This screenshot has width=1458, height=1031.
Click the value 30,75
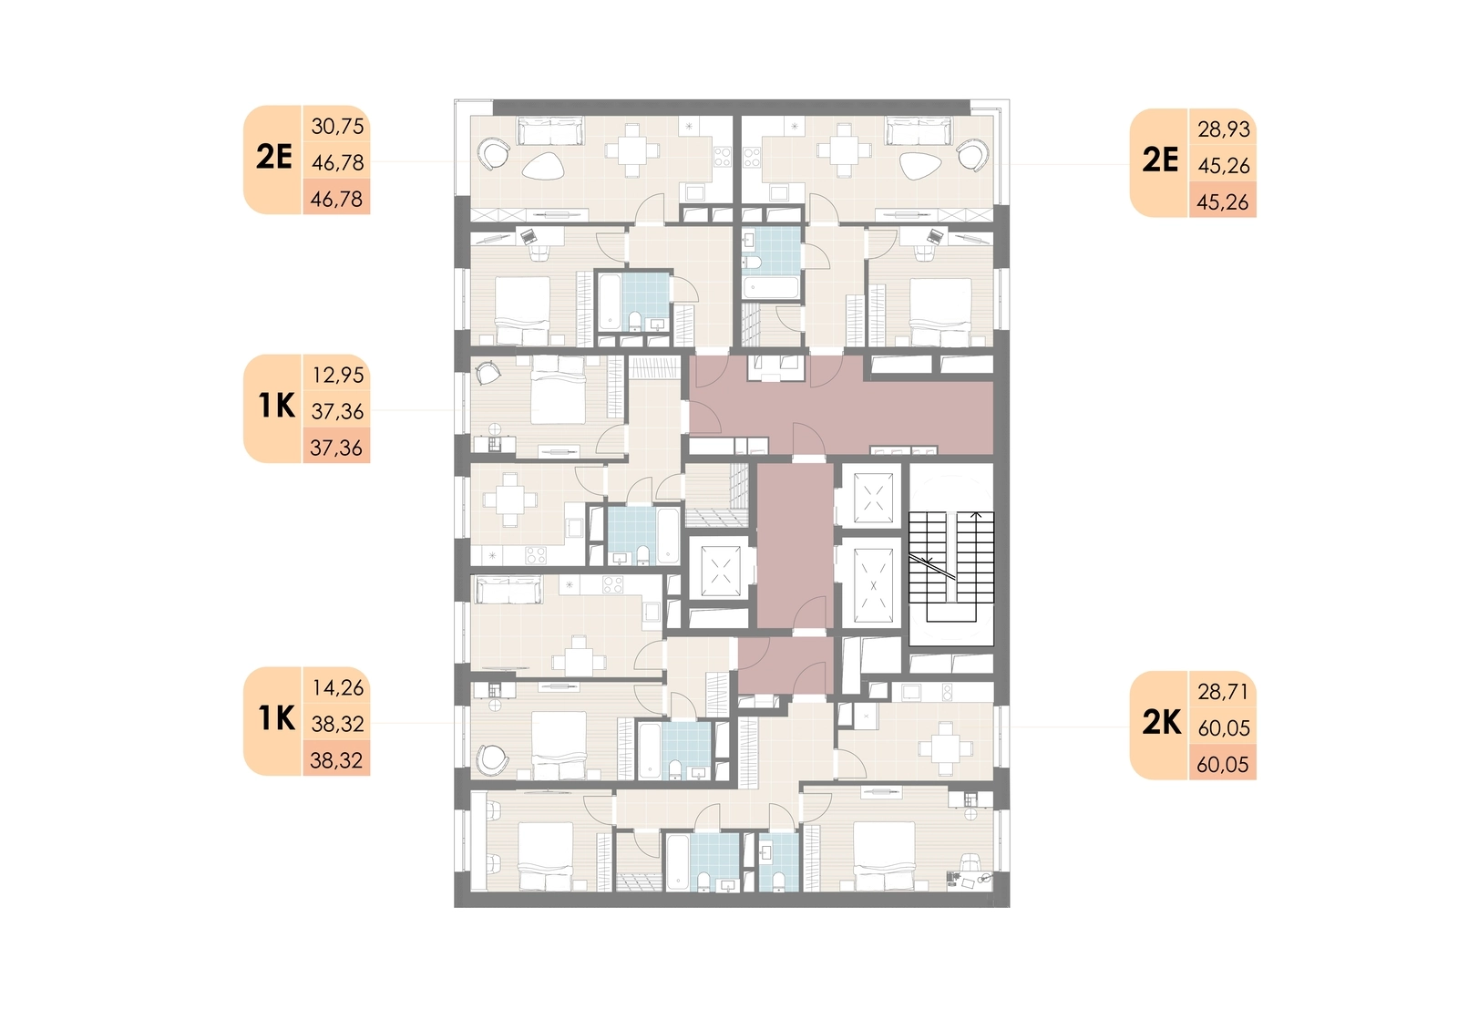(337, 126)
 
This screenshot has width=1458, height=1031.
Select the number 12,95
(337, 376)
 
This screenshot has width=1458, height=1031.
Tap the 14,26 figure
(337, 687)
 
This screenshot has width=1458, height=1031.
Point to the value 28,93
(1224, 129)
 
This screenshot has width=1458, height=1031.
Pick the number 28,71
(1223, 692)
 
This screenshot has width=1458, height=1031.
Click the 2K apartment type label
(1161, 723)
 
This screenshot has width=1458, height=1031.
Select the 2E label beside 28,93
(1161, 160)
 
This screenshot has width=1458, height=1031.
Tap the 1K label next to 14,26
(277, 718)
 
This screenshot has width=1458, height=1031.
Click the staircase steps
(951, 567)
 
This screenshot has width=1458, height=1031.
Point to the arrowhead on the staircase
(976, 515)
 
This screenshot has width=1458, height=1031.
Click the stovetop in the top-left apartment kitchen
(723, 156)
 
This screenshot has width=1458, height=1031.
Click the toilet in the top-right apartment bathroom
(753, 262)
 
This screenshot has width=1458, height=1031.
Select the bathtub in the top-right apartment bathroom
(771, 287)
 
